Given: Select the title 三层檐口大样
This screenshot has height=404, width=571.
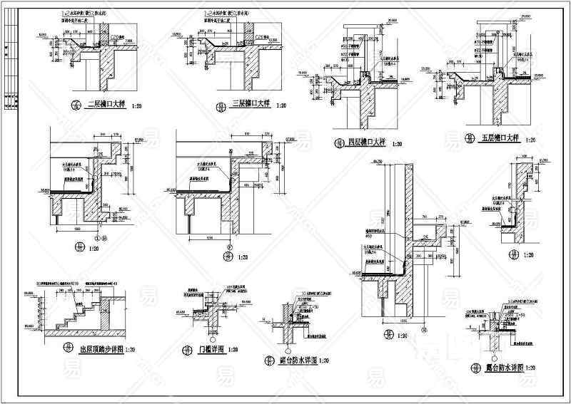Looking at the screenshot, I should (x=250, y=105).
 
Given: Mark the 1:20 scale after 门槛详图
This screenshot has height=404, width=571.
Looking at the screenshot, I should (x=233, y=350).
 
